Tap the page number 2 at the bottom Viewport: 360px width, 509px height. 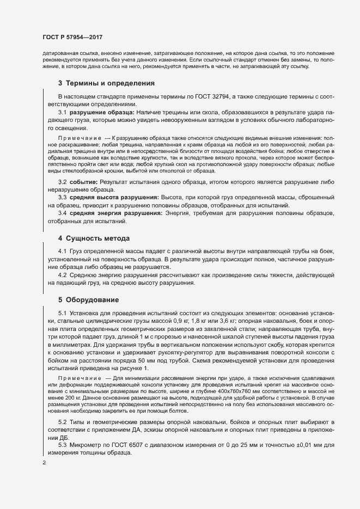(x=45, y=463)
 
